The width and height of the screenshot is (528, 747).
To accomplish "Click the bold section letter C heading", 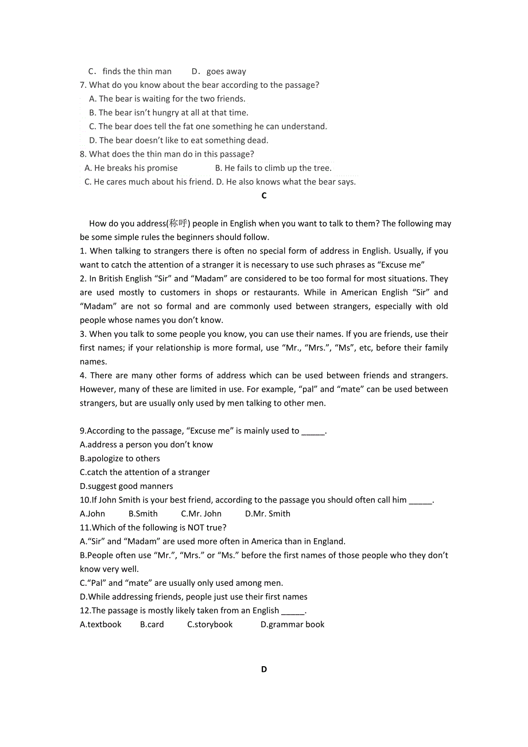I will [264, 196].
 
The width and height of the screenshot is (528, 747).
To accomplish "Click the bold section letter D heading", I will [264, 669].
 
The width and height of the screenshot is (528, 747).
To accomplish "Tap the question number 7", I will [83, 85].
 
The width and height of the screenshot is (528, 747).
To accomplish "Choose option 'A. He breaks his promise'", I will [131, 168].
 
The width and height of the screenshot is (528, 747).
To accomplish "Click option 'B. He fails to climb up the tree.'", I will [273, 168].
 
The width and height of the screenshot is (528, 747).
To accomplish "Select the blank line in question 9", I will [313, 431].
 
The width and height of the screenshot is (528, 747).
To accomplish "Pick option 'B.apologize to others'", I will [120, 458].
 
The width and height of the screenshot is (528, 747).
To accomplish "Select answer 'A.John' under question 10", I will [92, 513].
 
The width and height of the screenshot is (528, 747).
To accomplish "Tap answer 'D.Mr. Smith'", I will [267, 513].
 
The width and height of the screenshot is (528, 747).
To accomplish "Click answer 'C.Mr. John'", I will [201, 513].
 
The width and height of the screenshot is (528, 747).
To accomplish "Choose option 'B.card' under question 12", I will [152, 624].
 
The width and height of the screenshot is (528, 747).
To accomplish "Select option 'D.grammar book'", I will [292, 624].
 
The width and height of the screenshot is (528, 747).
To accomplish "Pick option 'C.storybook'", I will [210, 624].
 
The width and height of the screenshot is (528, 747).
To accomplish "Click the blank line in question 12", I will [293, 610].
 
